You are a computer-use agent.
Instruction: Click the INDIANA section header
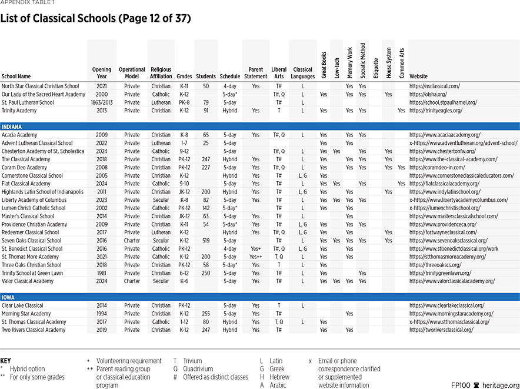(x=12, y=127)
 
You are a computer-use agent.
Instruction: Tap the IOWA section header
(x=8, y=297)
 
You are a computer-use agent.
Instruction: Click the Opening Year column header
(x=102, y=73)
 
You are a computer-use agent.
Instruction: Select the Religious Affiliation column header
(x=161, y=73)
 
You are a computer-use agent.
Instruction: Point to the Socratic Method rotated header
(x=362, y=61)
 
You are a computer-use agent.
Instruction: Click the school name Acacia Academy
(x=19, y=135)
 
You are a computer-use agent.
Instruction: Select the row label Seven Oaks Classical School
(x=32, y=241)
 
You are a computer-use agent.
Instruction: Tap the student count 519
(x=206, y=241)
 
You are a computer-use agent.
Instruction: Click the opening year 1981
(x=102, y=273)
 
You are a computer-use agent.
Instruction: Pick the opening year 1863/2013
(x=102, y=102)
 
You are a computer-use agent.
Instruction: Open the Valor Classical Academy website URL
(x=452, y=281)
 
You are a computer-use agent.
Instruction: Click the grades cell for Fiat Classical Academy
(x=184, y=184)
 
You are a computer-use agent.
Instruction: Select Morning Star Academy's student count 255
(x=206, y=314)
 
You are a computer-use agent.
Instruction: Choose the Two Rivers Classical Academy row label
(x=34, y=330)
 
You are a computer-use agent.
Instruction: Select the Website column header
(x=418, y=77)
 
